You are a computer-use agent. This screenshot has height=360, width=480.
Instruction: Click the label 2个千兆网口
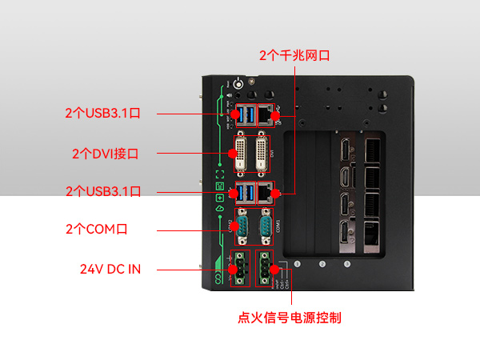294,55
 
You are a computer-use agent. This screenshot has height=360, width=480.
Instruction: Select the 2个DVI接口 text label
105,153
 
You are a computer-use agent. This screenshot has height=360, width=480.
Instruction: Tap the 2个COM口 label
96,230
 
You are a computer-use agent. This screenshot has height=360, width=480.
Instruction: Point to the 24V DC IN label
110,269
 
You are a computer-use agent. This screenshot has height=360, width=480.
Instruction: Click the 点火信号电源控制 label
290,318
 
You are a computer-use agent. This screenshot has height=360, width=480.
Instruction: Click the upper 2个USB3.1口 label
103,114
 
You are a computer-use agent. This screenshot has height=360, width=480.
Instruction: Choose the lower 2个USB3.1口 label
103,191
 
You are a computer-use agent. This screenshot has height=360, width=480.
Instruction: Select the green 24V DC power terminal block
240,267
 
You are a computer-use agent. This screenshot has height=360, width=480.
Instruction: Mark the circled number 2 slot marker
322,265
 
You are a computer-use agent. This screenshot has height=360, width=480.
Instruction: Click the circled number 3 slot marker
347,265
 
